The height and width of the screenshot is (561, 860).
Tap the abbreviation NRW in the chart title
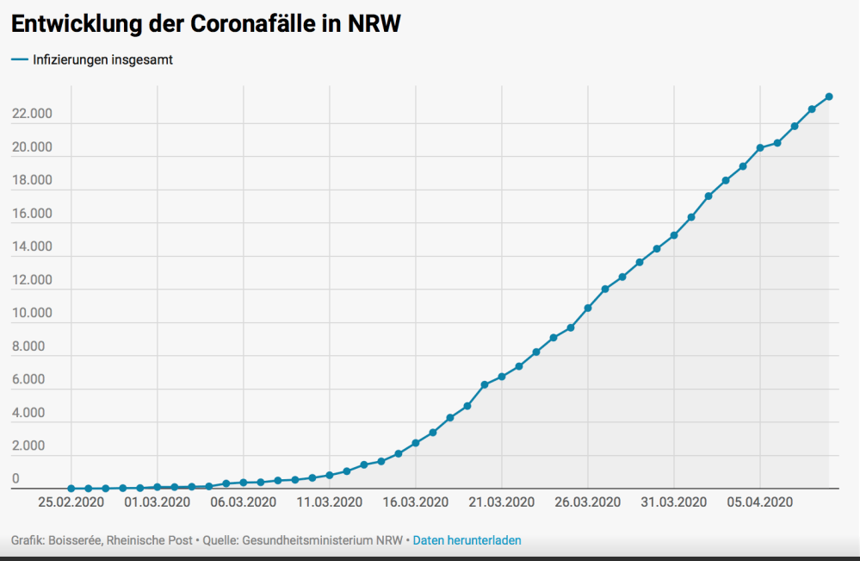click(373, 25)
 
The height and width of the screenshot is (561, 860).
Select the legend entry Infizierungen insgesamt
click(102, 60)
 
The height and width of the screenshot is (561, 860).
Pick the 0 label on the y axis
click(15, 479)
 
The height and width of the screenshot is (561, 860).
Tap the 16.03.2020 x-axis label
click(416, 502)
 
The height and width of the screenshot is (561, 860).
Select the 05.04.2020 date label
click(760, 502)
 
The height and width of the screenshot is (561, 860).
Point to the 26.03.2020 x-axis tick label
click(588, 502)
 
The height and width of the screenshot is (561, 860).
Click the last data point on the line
click(829, 97)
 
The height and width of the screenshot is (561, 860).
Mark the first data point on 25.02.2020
click(71, 489)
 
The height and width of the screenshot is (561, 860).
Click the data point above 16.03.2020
click(416, 443)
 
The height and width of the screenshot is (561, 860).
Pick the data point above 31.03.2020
click(674, 235)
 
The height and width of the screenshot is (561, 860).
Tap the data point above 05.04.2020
click(760, 148)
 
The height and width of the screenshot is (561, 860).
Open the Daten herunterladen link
click(467, 540)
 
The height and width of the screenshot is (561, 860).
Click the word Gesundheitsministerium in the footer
click(309, 540)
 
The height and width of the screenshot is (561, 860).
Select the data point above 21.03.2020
click(502, 377)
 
